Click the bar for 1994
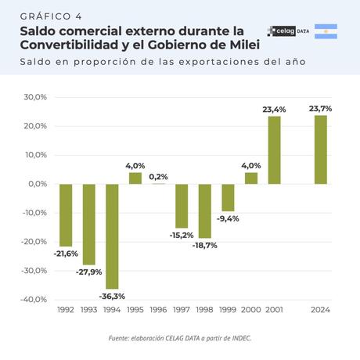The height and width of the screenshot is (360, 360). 112,236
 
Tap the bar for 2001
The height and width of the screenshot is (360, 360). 275,150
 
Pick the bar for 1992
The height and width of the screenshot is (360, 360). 66,215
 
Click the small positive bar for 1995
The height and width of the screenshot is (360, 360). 135,178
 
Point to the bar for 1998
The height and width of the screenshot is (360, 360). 205,211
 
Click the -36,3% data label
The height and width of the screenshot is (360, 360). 112,296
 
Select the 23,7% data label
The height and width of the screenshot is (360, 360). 321,109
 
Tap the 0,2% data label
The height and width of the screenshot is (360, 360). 159,177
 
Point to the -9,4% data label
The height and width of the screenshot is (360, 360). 228,218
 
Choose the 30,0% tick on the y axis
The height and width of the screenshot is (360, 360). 36,98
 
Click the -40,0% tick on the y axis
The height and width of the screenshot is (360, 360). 34,300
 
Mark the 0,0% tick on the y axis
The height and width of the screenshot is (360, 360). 38,184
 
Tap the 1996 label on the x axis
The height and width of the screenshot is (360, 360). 159,310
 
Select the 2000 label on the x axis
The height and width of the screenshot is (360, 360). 251,310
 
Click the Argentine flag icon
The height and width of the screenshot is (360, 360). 326,31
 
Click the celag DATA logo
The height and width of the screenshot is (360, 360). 287,31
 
